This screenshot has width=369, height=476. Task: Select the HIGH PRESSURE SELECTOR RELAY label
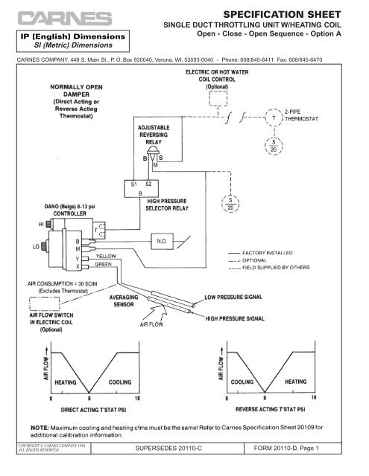click(x=170, y=205)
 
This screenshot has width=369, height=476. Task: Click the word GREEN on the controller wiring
click(x=104, y=263)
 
